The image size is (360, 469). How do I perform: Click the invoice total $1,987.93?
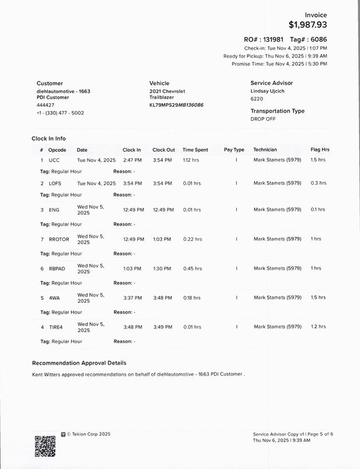(x=308, y=25)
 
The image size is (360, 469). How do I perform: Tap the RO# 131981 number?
(x=273, y=38)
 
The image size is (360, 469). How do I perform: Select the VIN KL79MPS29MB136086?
(x=176, y=105)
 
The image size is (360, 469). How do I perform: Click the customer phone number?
(x=60, y=113)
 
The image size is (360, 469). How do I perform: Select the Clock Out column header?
(x=164, y=150)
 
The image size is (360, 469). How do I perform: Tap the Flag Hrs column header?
(x=320, y=150)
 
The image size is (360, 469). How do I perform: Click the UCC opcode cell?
(x=54, y=159)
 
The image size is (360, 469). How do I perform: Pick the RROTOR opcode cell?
(x=59, y=239)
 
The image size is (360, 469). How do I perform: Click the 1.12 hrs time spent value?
(x=191, y=159)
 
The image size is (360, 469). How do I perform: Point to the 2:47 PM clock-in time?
(x=131, y=159)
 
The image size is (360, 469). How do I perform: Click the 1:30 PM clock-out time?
(x=162, y=269)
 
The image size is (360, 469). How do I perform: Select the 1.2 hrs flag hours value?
(x=318, y=327)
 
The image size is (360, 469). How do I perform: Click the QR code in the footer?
(x=45, y=446)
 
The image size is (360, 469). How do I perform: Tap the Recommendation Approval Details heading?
(x=79, y=363)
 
